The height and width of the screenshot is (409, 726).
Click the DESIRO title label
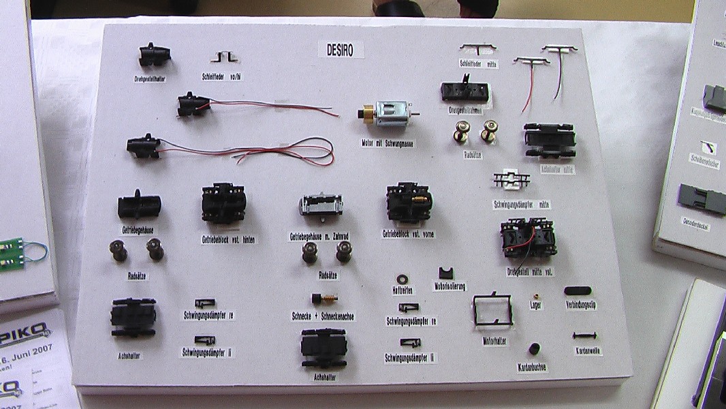tap(341, 49)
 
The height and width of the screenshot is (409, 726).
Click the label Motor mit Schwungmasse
tap(388, 144)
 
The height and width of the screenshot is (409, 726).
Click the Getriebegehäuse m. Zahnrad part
tap(321, 207)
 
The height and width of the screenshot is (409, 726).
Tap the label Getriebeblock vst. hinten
tap(228, 239)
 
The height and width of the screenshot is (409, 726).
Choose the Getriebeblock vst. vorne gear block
tap(409, 201)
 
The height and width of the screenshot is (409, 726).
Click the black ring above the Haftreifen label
tap(401, 279)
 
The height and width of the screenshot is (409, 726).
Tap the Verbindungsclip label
tap(581, 305)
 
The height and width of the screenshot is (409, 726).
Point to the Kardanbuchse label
tap(532, 367)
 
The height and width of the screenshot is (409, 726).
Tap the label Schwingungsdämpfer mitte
tap(522, 204)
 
